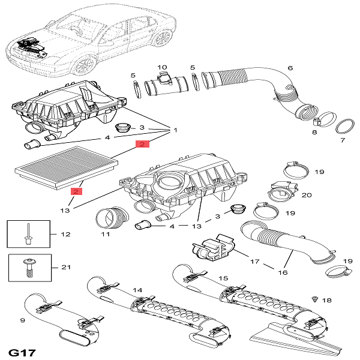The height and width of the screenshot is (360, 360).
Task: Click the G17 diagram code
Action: pyautogui.click(x=22, y=353)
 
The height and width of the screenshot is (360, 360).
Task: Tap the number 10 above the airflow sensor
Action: pyautogui.click(x=162, y=67)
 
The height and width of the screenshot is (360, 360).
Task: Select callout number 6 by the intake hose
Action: pyautogui.click(x=290, y=68)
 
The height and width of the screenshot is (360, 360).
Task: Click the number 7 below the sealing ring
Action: pyautogui.click(x=343, y=140)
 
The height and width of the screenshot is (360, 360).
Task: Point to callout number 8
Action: pyautogui.click(x=314, y=132)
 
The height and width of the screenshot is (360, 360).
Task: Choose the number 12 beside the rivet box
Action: pyautogui.click(x=65, y=234)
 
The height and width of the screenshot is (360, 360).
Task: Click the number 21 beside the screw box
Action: pyautogui.click(x=66, y=267)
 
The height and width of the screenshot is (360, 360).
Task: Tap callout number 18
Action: pyautogui.click(x=327, y=300)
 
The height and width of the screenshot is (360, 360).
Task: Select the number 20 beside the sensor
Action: pyautogui.click(x=307, y=195)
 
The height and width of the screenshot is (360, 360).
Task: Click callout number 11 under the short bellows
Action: pyautogui.click(x=106, y=234)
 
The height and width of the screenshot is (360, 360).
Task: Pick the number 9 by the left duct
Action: pyautogui.click(x=23, y=320)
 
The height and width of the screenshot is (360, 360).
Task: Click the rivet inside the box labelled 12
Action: pyautogui.click(x=28, y=234)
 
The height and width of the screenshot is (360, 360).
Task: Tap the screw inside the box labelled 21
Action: pyautogui.click(x=28, y=268)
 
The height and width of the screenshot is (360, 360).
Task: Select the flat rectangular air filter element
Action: pyautogui.click(x=67, y=167)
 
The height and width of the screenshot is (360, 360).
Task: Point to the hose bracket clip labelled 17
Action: pyautogui.click(x=214, y=249)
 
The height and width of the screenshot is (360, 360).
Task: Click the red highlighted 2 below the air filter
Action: pyautogui.click(x=76, y=191)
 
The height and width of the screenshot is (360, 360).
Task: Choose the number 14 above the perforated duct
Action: pyautogui.click(x=137, y=290)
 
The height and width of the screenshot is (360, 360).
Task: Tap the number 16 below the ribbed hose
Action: pyautogui.click(x=283, y=272)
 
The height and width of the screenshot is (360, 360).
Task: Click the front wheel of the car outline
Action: pyautogui.click(x=84, y=65)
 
